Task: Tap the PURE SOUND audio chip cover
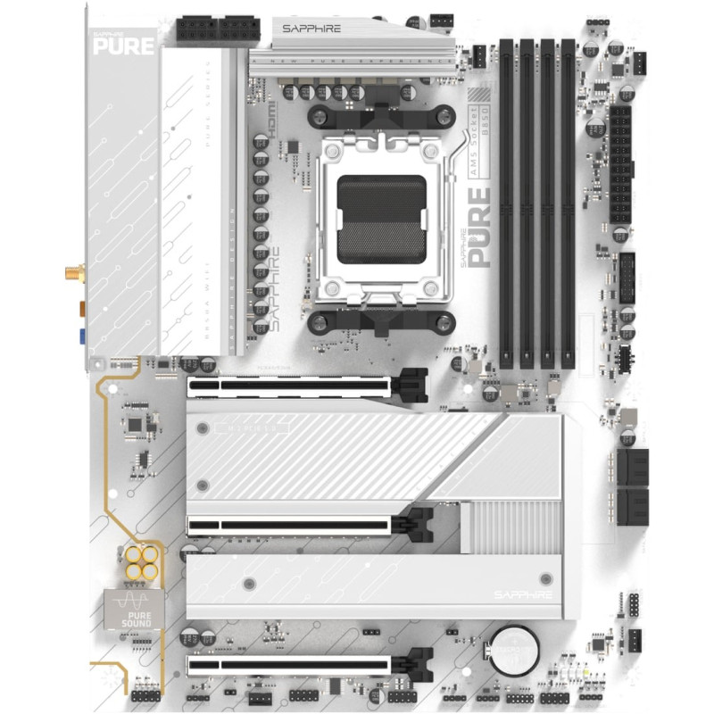(x=133, y=610)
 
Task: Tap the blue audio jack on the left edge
(x=81, y=337)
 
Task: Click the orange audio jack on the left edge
(x=81, y=308)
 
